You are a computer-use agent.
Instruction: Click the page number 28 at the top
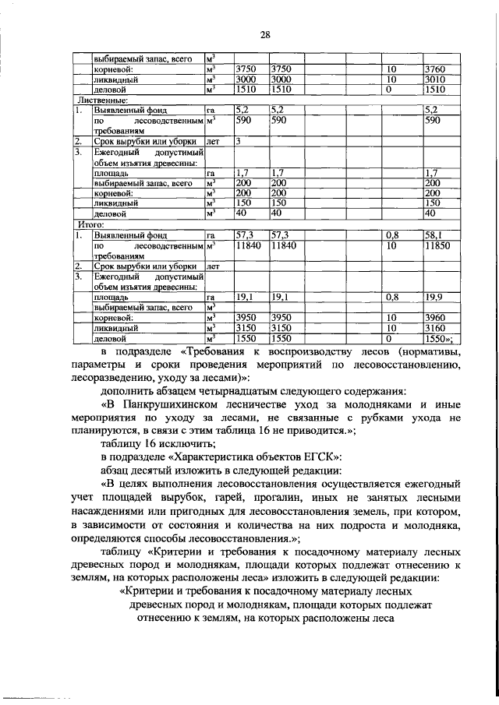[264, 35]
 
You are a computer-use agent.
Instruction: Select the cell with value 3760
[438, 69]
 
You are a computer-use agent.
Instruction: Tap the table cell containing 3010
[438, 79]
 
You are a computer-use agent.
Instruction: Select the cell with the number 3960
[438, 319]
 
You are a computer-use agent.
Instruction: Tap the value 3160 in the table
[438, 329]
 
